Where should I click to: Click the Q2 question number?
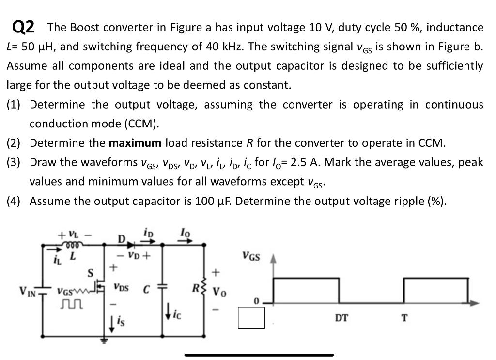tap(23, 27)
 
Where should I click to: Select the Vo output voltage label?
tap(219, 293)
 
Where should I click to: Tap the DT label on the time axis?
tap(341, 318)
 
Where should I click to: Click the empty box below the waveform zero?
tap(251, 318)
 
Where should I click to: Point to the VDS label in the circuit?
tap(122, 286)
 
